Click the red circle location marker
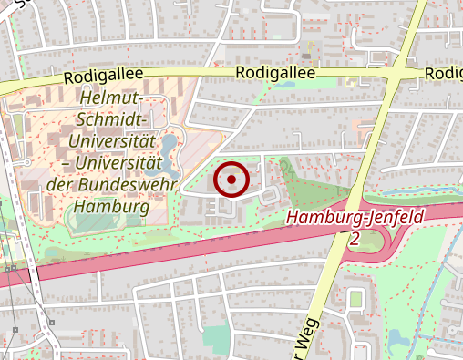[231, 180]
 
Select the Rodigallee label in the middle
[274, 73]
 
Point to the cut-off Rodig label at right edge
[444, 73]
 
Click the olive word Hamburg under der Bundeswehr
[109, 207]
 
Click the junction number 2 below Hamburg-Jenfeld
[354, 238]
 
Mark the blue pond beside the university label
[170, 146]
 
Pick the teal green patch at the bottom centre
[216, 337]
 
